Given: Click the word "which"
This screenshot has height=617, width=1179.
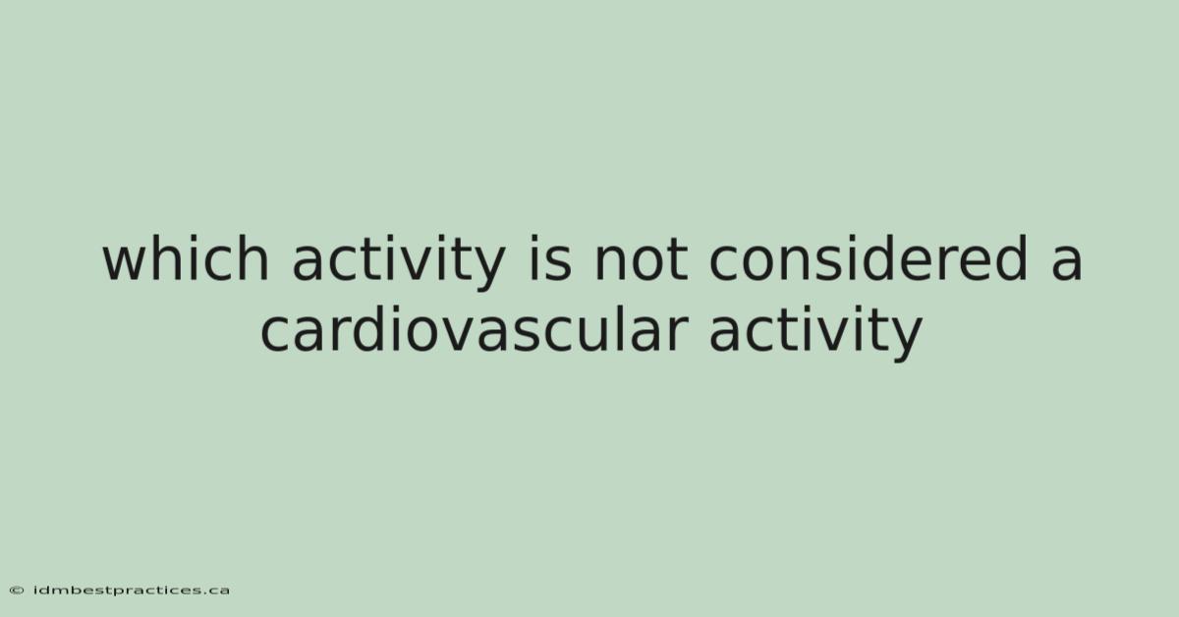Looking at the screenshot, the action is [x=186, y=258].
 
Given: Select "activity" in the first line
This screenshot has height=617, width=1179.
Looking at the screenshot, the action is [x=399, y=262].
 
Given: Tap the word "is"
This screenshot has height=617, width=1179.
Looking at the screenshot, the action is [x=549, y=258].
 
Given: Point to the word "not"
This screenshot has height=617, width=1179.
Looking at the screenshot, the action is [x=641, y=260].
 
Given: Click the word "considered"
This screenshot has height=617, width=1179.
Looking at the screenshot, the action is [x=868, y=258].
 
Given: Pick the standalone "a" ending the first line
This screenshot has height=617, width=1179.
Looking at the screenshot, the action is [x=1067, y=263].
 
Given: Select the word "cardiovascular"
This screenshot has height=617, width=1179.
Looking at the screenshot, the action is [x=475, y=329].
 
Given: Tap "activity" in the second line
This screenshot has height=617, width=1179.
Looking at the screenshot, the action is [x=815, y=333].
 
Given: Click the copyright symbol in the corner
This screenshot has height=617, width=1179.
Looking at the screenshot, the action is [x=17, y=590].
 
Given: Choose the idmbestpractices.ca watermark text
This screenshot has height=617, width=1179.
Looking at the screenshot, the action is [x=132, y=590].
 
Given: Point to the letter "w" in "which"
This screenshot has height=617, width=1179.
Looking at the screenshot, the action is [x=126, y=263].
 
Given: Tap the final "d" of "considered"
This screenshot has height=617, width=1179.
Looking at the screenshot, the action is [x=1011, y=258].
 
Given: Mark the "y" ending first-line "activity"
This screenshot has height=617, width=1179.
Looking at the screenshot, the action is [x=488, y=268].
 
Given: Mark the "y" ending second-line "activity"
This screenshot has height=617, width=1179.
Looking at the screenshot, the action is [x=905, y=340].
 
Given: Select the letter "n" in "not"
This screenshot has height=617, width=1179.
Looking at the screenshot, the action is [x=609, y=263].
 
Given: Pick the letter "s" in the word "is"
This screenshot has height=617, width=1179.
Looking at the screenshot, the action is [x=558, y=263].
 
